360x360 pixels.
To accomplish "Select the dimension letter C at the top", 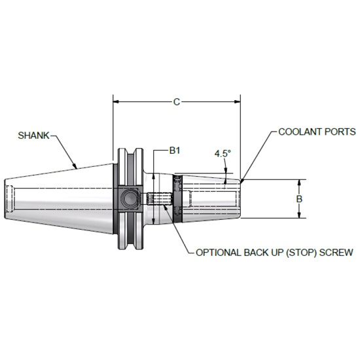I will pyautogui.click(x=177, y=101).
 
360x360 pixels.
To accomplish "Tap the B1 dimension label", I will pyautogui.click(x=175, y=151).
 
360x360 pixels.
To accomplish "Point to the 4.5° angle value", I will pyautogui.click(x=223, y=154).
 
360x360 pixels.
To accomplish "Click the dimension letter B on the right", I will pyautogui.click(x=299, y=198).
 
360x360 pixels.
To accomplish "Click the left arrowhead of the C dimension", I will pyautogui.click(x=117, y=101).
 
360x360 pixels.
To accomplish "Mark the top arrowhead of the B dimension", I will pyautogui.click(x=299, y=183).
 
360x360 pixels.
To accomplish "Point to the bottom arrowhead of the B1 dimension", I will pyautogui.click(x=154, y=222).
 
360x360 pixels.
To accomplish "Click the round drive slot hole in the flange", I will pyautogui.click(x=128, y=198).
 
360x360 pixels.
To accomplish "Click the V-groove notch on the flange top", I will pyautogui.click(x=136, y=154).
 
